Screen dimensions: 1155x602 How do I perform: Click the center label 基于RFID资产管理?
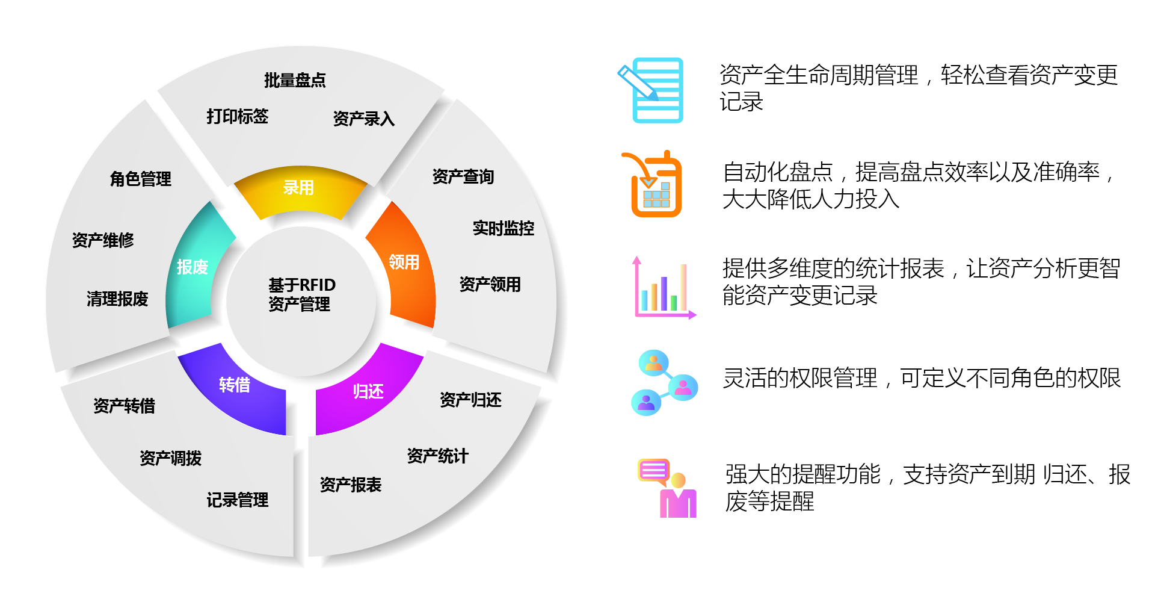pos(301,294)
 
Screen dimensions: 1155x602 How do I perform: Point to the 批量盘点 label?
pos(295,80)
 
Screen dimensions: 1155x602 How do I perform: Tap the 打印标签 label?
pos(238,116)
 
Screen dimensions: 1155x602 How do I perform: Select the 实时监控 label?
pos(504,228)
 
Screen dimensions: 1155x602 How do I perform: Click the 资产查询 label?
pos(463,176)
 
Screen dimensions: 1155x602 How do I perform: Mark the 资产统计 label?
pos(437,456)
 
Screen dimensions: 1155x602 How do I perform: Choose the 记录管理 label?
pos(238,500)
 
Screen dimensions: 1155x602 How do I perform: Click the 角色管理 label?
pos(141,179)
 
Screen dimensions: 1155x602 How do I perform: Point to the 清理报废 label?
pos(117,299)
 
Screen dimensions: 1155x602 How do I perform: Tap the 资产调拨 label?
pos(171,458)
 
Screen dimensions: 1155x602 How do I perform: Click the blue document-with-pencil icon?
pos(651,90)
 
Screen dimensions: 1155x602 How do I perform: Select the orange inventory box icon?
pos(652,184)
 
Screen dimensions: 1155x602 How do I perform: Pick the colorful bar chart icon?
pos(664,288)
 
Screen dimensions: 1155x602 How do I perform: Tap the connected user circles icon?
pos(664,382)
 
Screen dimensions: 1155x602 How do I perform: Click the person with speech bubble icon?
pos(667,488)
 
